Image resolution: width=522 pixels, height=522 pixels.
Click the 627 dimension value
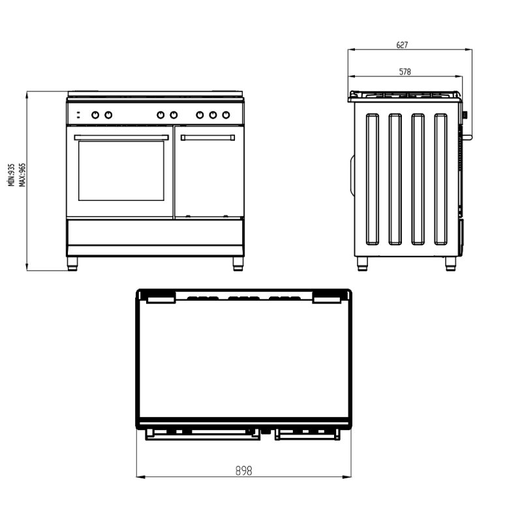402,45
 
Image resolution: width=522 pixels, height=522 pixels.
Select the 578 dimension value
405,72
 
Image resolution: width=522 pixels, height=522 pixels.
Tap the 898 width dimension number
243,470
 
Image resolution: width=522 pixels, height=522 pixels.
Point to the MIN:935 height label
12,175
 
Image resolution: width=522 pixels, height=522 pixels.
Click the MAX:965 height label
22,175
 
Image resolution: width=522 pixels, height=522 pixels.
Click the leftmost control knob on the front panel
95,115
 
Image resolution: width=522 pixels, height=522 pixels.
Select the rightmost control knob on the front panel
226,115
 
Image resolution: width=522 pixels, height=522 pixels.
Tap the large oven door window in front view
121,171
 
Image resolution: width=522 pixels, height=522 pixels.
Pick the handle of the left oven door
121,138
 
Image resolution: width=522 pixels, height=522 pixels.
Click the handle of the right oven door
207,138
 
